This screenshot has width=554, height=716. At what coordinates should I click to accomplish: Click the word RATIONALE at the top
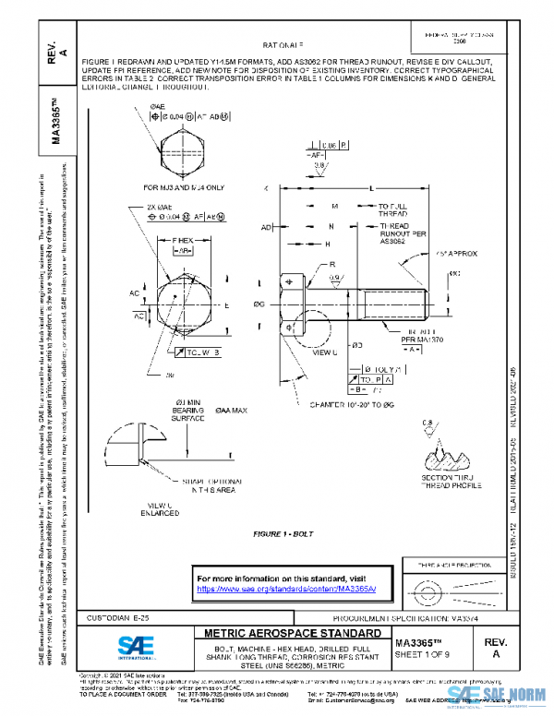283,43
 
